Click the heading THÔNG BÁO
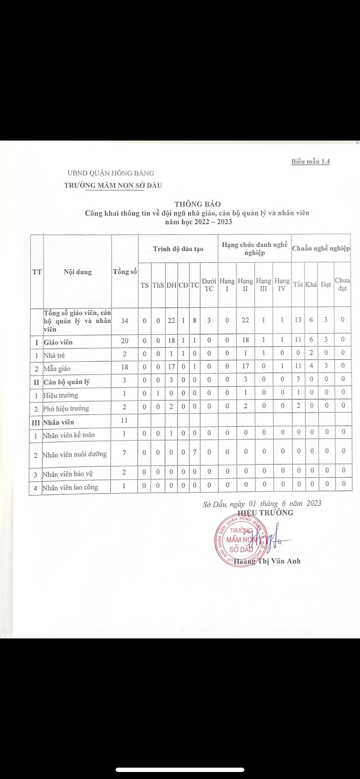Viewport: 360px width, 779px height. (197, 204)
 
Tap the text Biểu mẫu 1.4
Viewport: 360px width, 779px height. (310, 161)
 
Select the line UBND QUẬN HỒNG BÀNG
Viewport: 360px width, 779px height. (111, 173)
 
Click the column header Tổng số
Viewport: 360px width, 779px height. (125, 272)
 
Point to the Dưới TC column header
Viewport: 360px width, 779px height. (209, 285)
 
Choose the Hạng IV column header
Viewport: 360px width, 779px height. (282, 285)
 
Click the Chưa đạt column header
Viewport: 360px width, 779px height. (342, 284)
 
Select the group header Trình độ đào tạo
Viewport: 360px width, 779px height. (178, 249)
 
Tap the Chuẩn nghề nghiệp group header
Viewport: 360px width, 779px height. (321, 249)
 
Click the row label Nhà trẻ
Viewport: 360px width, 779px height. (54, 355)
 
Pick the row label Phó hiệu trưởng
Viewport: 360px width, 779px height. (66, 409)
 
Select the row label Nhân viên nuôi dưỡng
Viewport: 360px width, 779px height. (74, 454)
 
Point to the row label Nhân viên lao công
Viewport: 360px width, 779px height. (70, 487)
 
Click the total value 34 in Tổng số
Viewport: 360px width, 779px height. (124, 320)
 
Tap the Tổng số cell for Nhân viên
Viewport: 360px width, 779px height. (124, 421)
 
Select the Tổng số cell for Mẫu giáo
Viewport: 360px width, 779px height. (124, 367)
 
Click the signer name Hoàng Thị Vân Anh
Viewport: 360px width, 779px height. (267, 561)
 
